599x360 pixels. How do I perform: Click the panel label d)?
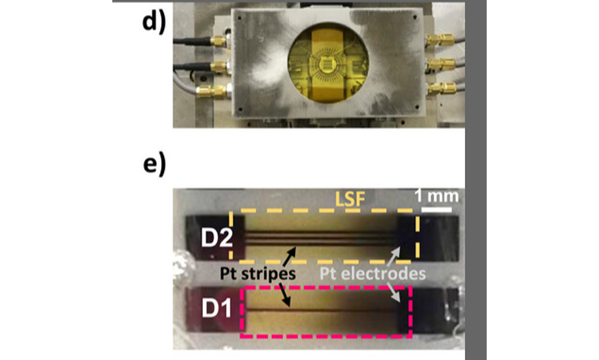coord(154,22)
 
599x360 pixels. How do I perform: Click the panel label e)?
coord(154,165)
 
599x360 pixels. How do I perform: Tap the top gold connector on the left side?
coord(218,41)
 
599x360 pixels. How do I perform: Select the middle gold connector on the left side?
coord(219,67)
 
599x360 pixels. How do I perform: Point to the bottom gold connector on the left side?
coord(212,91)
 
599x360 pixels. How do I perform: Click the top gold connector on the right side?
coord(440,39)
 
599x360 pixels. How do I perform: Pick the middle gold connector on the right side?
coord(441,64)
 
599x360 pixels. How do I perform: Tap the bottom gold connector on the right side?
coord(442,88)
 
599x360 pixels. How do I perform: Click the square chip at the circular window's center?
coord(328,64)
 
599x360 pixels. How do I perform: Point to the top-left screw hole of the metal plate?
coord(239,18)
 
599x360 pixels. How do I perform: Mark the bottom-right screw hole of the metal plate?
coord(417,107)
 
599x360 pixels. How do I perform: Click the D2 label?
coord(216,238)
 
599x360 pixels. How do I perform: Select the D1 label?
coord(216,308)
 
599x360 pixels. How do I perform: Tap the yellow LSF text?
coord(350,200)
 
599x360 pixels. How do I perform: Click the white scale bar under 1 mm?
coord(437,210)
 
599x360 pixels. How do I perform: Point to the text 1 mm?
coord(437,196)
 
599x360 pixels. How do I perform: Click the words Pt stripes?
coord(258,274)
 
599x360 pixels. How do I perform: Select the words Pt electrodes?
coord(372,274)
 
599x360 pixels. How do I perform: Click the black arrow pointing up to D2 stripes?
coord(289,257)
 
